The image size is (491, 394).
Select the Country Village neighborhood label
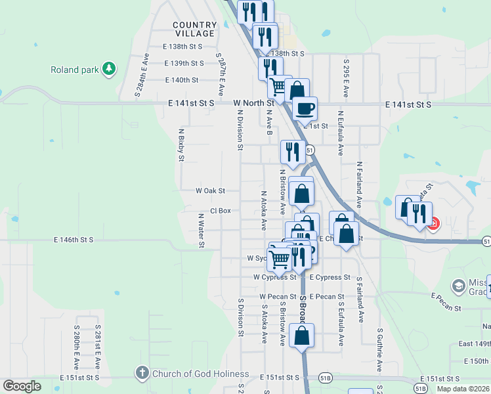[x=194, y=29]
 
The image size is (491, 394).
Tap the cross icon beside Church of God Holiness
[x=141, y=374]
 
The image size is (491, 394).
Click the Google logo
[x=22, y=386]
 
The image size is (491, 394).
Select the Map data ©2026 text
[x=463, y=389]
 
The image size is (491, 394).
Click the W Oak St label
[x=210, y=190]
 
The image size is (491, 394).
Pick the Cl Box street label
[x=221, y=211]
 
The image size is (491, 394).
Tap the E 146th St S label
[x=74, y=241]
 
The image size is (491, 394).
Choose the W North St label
[x=254, y=103]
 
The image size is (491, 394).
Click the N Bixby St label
[x=181, y=144]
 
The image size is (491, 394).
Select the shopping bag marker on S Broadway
[x=301, y=336]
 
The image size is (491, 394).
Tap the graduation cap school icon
[x=459, y=286]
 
